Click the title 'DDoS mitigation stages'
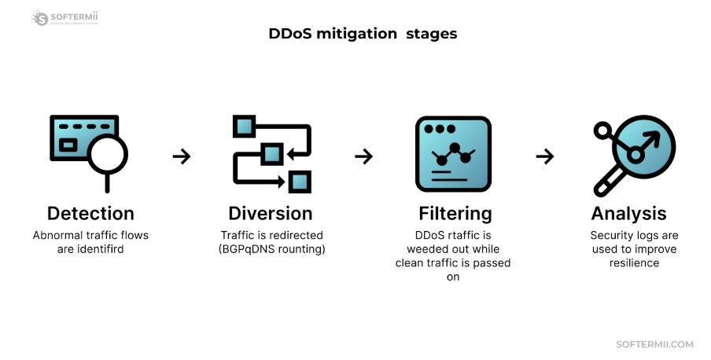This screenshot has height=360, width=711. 363,34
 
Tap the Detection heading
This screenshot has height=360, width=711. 90,213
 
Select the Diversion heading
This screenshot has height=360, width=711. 271,213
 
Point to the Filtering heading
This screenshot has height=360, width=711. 455,213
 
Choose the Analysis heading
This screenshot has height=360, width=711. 628,213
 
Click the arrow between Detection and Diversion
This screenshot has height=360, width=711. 182,156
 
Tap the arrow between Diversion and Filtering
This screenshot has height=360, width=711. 363,156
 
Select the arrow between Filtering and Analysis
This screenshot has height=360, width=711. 545,156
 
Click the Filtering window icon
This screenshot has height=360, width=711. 453,153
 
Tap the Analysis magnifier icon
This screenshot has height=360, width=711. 633,155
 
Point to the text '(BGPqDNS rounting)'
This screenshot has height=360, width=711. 271,249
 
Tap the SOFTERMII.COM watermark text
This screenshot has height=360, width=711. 654,344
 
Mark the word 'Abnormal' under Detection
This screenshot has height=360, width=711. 57,235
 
